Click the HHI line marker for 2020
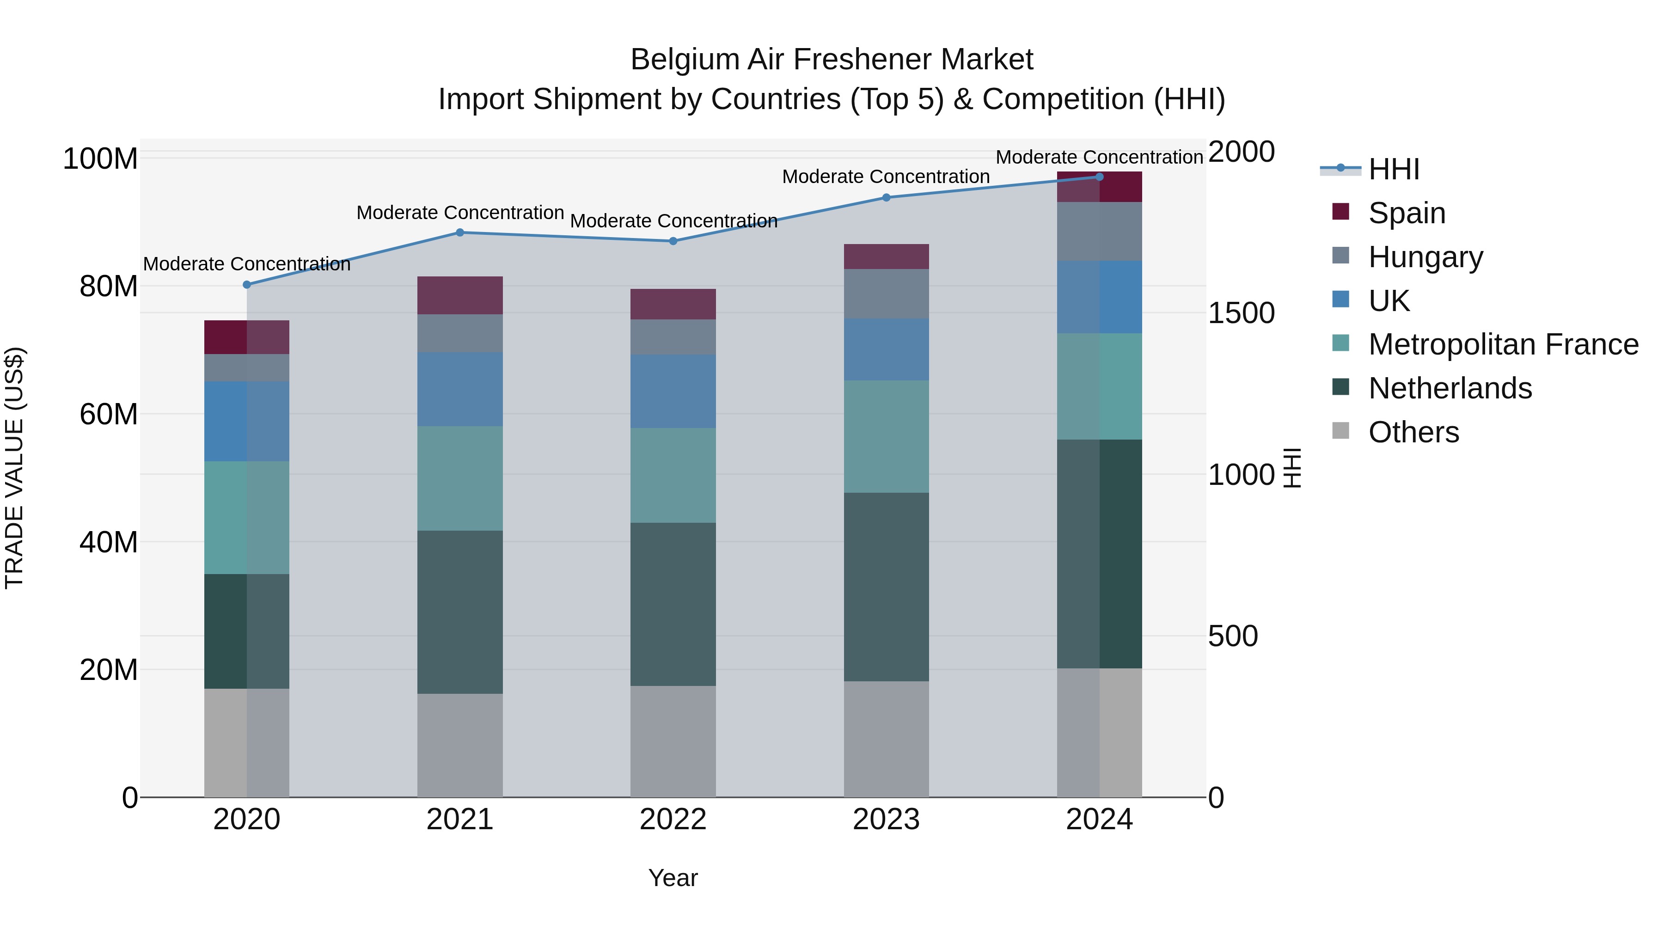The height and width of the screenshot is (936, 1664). point(247,285)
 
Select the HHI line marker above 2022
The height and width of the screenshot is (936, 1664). point(673,241)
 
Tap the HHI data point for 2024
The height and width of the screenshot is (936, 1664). point(1100,177)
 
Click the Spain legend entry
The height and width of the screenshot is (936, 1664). point(1406,213)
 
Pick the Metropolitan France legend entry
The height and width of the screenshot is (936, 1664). point(1503,345)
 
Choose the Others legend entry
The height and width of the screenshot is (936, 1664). point(1413,432)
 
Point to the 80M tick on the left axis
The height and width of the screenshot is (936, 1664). point(108,286)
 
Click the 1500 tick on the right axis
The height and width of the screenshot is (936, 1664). point(1241,313)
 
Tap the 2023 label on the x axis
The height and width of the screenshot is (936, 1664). point(886,820)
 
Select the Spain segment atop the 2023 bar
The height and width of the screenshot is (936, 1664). point(886,257)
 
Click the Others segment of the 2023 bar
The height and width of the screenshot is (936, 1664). point(886,739)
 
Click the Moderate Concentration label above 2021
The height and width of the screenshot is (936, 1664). point(460,213)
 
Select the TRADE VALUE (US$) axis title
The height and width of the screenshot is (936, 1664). point(14,468)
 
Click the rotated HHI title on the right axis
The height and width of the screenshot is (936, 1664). point(1292,468)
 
